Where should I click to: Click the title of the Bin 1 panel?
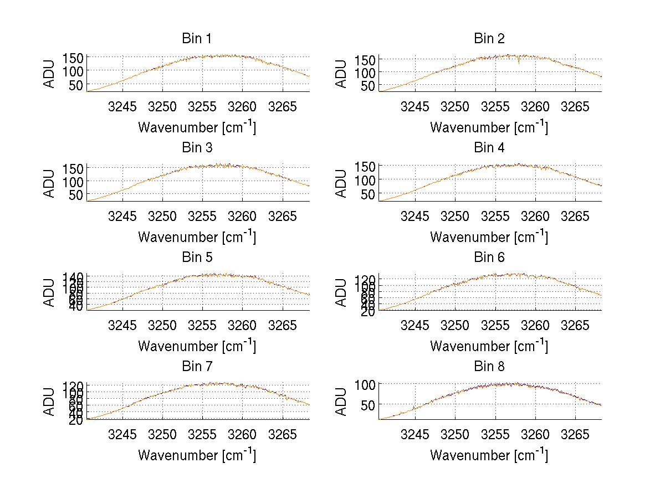(x=197, y=39)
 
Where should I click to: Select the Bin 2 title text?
(x=489, y=39)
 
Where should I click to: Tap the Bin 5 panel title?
(x=197, y=258)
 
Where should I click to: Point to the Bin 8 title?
(x=489, y=367)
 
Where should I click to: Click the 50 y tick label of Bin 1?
(x=76, y=85)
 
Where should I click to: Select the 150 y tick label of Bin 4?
(x=365, y=166)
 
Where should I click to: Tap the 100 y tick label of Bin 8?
(x=365, y=384)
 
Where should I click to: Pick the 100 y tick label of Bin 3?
(x=73, y=181)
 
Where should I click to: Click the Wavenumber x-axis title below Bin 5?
(x=197, y=346)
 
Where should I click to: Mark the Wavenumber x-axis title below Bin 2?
(x=489, y=127)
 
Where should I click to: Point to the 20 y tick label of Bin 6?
(x=369, y=312)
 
